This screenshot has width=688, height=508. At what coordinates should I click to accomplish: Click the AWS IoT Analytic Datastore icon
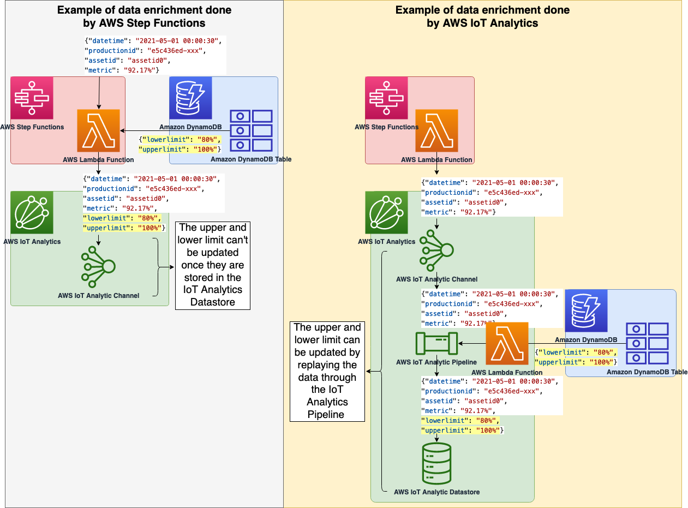tap(436, 463)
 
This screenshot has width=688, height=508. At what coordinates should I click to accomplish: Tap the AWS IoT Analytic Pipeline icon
tap(436, 343)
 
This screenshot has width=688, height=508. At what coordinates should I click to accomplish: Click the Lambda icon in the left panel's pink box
tap(98, 130)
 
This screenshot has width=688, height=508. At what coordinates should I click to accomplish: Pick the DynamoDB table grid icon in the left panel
tap(250, 130)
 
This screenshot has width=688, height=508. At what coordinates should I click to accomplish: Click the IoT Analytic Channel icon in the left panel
tap(98, 267)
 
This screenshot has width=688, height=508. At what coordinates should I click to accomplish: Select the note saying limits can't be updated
tap(213, 265)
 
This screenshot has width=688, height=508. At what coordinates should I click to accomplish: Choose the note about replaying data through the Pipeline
tap(327, 371)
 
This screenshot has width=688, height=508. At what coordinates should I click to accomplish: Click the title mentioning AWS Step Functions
tap(144, 16)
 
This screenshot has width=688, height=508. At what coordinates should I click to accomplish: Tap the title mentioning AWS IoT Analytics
tap(482, 16)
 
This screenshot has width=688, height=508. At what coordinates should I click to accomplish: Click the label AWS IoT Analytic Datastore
tap(436, 492)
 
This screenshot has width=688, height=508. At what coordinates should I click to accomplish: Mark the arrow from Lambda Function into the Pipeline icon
tap(472, 344)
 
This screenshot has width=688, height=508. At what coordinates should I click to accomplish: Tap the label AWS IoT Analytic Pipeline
tap(436, 362)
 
